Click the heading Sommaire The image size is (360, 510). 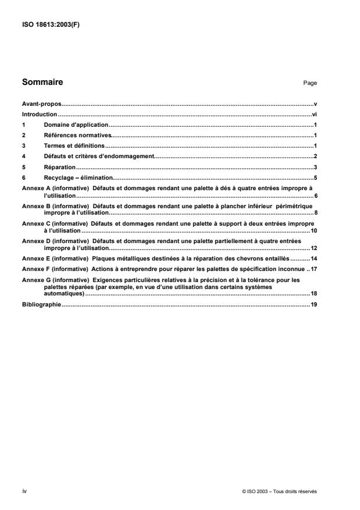click(x=42, y=83)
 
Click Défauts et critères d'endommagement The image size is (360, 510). click(x=97, y=156)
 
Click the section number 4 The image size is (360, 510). click(x=23, y=156)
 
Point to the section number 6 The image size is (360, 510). click(x=23, y=177)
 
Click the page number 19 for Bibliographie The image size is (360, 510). click(x=313, y=305)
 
